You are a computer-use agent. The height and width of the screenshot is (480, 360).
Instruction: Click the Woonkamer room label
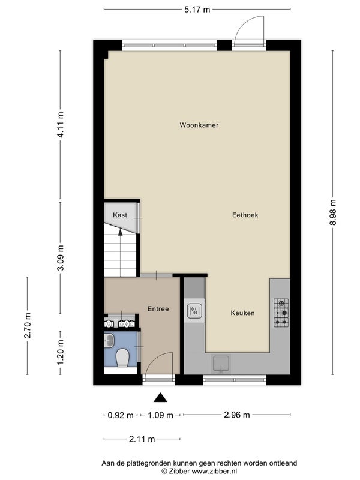(199, 125)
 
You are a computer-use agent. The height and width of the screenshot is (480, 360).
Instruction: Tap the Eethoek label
(245, 215)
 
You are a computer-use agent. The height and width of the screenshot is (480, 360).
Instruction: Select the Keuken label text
(243, 313)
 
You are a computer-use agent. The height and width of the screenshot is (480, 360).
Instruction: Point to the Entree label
(158, 309)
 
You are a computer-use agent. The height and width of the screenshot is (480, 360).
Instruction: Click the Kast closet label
(120, 215)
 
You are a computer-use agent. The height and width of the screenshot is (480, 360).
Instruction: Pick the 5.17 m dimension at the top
(197, 10)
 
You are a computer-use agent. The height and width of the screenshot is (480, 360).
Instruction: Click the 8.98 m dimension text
(333, 212)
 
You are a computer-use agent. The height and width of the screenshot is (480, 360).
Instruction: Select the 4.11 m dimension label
(61, 125)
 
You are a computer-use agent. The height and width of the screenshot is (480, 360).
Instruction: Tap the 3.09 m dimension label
(61, 258)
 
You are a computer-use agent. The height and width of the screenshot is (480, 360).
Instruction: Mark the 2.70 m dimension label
(28, 325)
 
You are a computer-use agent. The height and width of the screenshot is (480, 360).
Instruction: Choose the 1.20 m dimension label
(61, 352)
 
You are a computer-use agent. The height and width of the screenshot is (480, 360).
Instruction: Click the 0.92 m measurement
(121, 415)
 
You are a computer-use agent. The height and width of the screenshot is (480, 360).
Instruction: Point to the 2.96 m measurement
(237, 415)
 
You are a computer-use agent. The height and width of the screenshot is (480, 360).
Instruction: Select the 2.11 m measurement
(142, 439)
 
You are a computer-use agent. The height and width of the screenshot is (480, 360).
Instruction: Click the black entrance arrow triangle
(160, 398)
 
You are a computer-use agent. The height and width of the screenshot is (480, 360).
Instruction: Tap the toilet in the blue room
(122, 358)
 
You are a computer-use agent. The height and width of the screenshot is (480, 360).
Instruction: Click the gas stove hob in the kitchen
(281, 313)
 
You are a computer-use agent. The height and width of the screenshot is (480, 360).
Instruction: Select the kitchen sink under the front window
(221, 364)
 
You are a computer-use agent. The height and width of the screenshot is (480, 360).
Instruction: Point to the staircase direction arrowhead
(121, 232)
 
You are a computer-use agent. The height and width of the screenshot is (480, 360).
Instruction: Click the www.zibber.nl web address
(214, 471)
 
